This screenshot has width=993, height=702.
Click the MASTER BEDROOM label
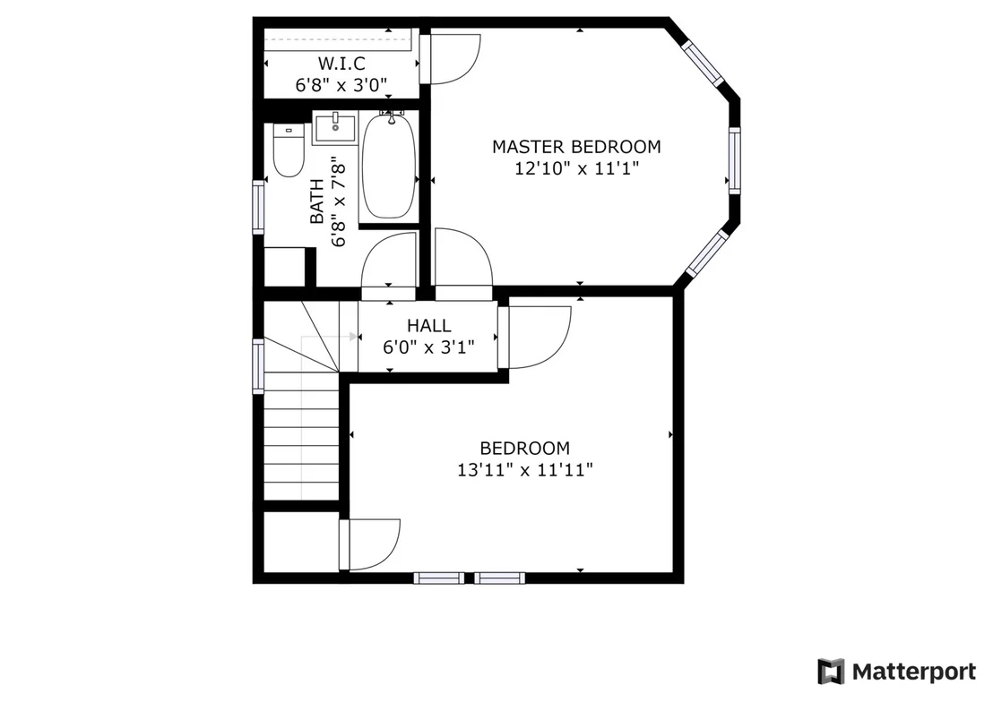[x=576, y=147]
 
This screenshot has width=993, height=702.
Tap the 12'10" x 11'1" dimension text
[x=576, y=168]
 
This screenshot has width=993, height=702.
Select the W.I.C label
[x=341, y=64]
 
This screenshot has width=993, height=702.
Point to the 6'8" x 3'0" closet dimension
[x=341, y=85]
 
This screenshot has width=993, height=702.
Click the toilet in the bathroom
[x=289, y=150]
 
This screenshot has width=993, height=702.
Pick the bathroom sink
[x=336, y=128]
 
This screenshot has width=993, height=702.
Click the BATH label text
[x=317, y=201]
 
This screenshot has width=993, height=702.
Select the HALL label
[x=428, y=325]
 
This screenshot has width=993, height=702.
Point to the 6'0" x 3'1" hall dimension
[x=428, y=347]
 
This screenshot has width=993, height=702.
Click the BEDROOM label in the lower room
[x=524, y=449]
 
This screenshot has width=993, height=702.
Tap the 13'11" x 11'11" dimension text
[x=524, y=470]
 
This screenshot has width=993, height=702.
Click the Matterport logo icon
[x=831, y=671]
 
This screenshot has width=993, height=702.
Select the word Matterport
[x=914, y=671]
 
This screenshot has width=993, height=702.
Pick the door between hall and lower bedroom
[x=535, y=337]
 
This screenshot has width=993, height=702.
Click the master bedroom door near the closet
[x=451, y=58]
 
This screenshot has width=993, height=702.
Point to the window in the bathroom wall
[x=258, y=207]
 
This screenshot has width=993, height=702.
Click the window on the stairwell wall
[x=258, y=366]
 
